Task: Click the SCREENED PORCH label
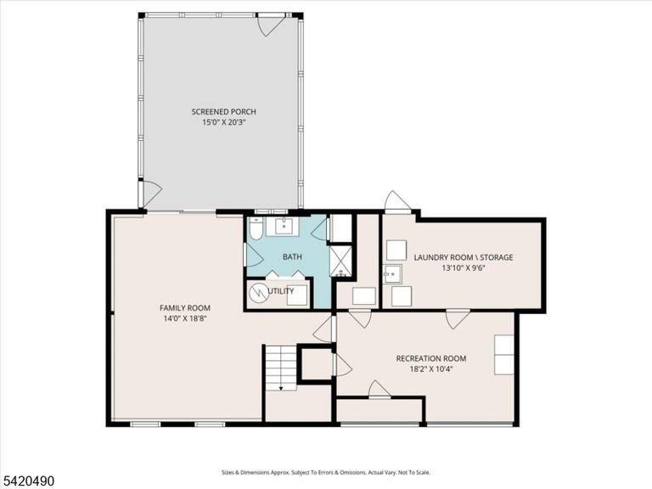click(224, 112)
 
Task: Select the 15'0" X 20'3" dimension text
click(224, 122)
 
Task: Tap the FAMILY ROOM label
click(185, 308)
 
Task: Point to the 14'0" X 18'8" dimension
click(185, 319)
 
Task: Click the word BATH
click(292, 257)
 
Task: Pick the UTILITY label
click(281, 291)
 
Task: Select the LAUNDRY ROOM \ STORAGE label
click(464, 257)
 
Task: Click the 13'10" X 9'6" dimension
click(464, 268)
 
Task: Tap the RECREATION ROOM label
click(430, 358)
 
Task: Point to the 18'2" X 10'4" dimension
click(430, 368)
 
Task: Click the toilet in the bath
click(256, 228)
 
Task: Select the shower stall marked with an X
click(341, 261)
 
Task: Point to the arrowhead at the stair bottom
click(281, 388)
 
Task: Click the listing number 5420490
click(27, 481)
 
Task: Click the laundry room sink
click(392, 274)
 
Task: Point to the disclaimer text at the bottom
click(326, 473)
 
